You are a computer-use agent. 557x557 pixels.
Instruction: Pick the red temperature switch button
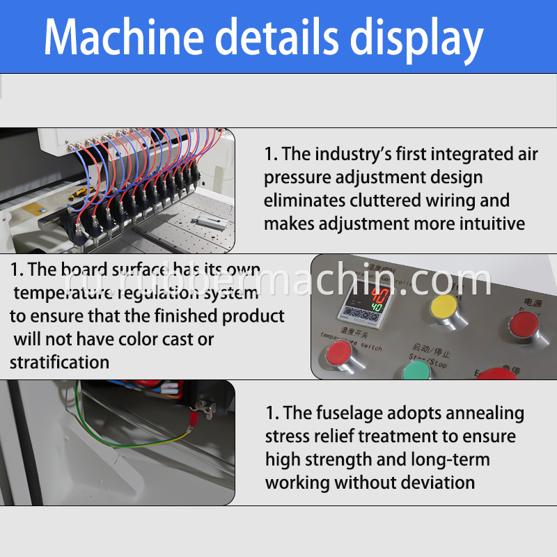tap(338, 355)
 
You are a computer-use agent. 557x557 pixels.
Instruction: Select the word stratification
tap(59, 363)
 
